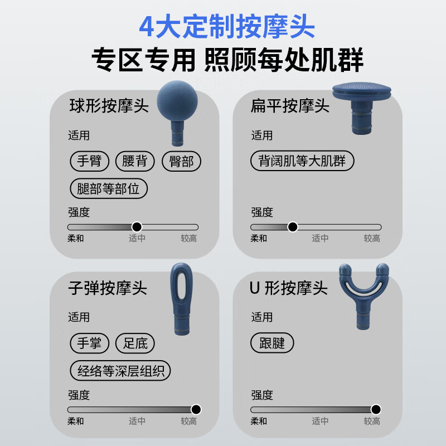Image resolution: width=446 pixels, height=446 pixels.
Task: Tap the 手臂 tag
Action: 89,161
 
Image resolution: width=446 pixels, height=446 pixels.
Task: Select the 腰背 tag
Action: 135,161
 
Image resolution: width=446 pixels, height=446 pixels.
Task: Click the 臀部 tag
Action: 181,161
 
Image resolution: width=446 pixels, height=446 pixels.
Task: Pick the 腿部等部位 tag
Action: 109,188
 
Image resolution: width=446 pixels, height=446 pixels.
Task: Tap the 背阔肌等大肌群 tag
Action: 302,161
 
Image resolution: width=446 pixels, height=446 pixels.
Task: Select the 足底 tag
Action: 135,343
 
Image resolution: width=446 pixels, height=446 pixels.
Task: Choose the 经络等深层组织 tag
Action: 120,370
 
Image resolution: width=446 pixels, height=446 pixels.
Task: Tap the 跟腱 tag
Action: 272,343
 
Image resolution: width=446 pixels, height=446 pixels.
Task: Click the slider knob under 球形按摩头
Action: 137,227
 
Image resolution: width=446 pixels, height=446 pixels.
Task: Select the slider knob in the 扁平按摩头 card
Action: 293,227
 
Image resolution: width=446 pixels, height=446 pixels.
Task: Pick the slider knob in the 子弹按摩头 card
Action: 196,409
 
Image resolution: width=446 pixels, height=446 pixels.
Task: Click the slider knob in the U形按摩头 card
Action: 376,409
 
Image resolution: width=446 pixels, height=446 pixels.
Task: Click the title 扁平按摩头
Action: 290,106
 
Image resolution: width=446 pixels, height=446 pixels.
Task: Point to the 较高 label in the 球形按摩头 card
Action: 188,239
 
